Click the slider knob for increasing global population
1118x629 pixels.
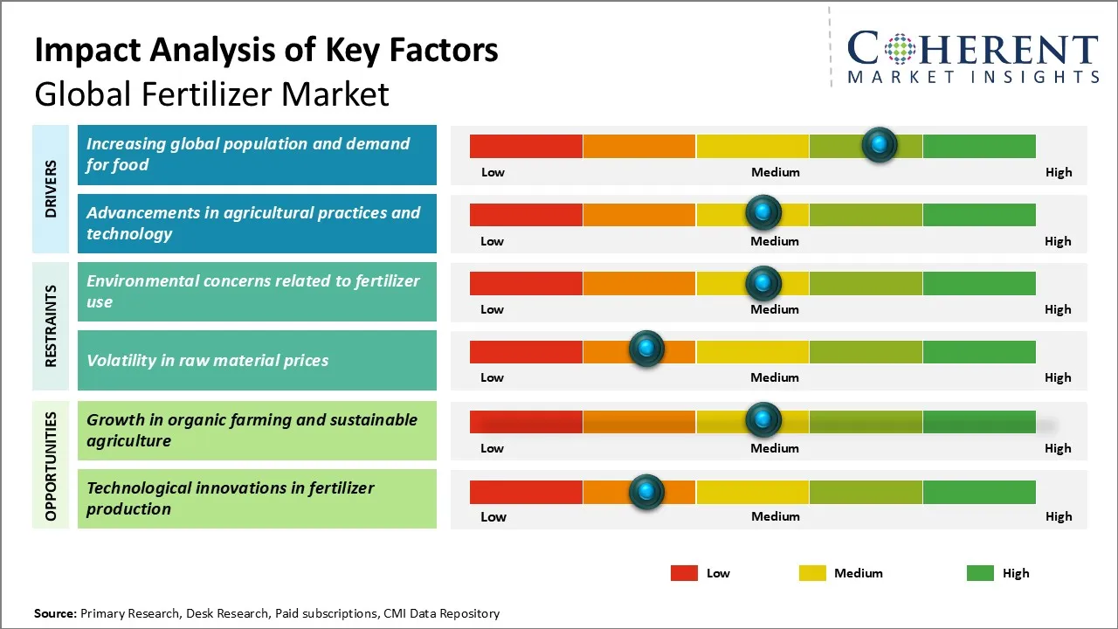click(x=880, y=144)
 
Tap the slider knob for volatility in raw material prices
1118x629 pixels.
click(x=646, y=349)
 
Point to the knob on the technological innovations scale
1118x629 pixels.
click(x=646, y=492)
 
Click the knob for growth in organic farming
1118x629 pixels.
click(x=763, y=420)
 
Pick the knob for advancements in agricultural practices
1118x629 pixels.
click(x=763, y=212)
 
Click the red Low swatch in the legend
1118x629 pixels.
click(x=684, y=573)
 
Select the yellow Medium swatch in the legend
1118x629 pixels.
click(x=812, y=573)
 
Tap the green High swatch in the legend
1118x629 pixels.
click(x=980, y=573)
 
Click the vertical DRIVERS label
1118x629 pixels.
click(x=51, y=189)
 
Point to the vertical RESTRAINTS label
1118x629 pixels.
click(x=51, y=326)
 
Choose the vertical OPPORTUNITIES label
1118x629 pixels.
click(x=51, y=466)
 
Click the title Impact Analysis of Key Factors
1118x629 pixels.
click(x=266, y=51)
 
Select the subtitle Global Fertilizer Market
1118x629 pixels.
click(x=211, y=93)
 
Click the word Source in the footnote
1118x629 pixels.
click(x=54, y=613)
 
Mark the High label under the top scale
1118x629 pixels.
click(x=1058, y=172)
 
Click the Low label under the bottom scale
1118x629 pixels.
click(x=493, y=516)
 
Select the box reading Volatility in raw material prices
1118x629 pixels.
click(x=256, y=360)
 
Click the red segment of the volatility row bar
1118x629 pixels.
click(x=526, y=352)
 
